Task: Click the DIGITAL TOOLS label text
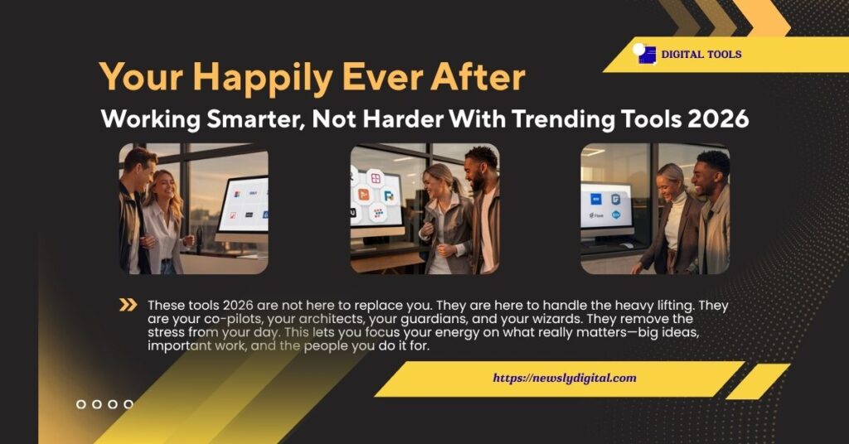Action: (701, 55)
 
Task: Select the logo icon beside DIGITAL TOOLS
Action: (644, 54)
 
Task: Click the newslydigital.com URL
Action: (565, 378)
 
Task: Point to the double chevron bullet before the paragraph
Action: (128, 305)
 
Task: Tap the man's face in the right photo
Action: (710, 172)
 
